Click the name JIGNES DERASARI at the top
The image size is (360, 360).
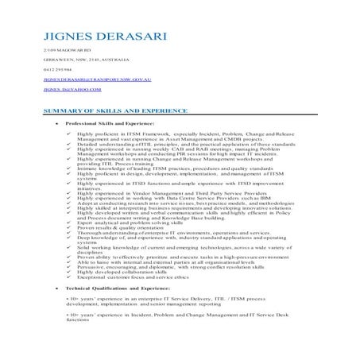coord(93,36)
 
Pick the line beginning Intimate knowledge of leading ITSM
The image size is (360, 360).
coord(163,168)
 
